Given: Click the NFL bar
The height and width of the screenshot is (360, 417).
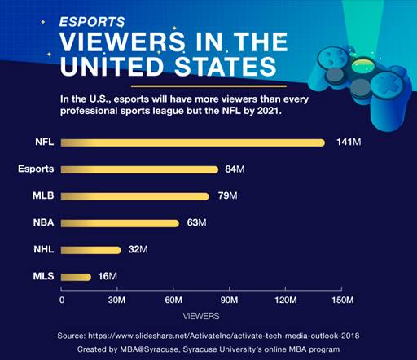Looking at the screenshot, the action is (x=193, y=143).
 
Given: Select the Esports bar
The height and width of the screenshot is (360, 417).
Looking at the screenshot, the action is (x=139, y=169).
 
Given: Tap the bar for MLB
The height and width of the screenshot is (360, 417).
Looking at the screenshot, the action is (x=135, y=196).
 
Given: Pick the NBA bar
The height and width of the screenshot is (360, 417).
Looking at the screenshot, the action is (x=120, y=223).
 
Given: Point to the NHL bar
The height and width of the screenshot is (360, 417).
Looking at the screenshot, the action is (x=91, y=250).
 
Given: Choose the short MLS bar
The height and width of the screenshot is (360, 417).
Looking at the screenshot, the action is (x=76, y=277).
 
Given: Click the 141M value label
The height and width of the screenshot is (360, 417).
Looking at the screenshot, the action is (x=349, y=142).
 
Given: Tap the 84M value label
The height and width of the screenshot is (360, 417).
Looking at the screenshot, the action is (x=235, y=169).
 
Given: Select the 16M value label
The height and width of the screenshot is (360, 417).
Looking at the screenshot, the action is (x=108, y=276).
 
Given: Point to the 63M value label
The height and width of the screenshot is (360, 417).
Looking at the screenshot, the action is (x=196, y=222).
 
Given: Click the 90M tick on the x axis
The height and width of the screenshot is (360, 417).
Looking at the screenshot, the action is (x=230, y=300).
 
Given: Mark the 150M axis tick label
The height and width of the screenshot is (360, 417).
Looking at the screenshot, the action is (x=343, y=300).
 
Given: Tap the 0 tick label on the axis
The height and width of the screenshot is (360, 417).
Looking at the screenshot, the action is (x=62, y=300).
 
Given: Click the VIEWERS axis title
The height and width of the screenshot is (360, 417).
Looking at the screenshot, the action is (x=201, y=316).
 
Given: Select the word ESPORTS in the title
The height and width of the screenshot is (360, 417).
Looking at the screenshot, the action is (x=92, y=22).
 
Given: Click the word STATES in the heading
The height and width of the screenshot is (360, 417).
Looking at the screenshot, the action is (x=225, y=66).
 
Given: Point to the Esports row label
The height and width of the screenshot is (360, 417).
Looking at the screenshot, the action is (x=36, y=169).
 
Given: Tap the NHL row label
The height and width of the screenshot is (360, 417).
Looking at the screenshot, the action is (x=44, y=249).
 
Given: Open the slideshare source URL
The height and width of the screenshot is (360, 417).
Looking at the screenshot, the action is (x=224, y=336).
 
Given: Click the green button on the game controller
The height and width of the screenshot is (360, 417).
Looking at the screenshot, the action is (x=363, y=65).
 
